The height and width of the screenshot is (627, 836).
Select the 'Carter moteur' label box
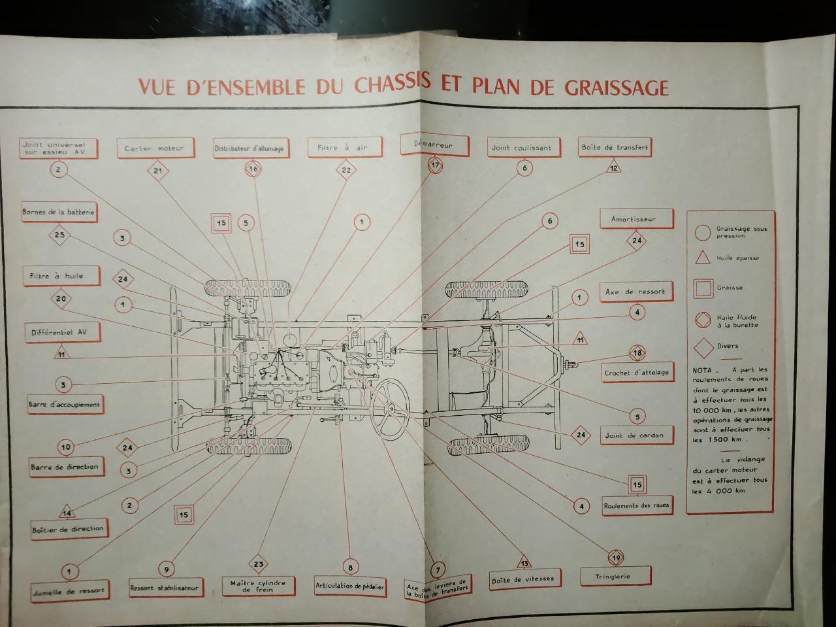click(155, 148)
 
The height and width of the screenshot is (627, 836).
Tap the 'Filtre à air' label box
click(343, 148)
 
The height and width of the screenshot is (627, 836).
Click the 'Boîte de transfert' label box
click(615, 147)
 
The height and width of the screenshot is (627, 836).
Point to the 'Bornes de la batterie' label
click(59, 212)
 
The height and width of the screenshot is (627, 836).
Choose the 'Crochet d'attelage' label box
click(636, 372)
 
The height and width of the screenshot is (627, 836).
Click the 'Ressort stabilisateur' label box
click(164, 587)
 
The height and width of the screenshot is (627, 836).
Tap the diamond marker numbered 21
click(157, 171)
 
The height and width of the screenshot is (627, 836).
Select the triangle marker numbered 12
click(614, 168)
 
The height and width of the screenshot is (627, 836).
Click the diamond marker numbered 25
click(60, 235)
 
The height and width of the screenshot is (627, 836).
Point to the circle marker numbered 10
click(65, 447)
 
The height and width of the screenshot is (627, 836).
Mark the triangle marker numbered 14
click(67, 512)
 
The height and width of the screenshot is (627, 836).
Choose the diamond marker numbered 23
click(259, 564)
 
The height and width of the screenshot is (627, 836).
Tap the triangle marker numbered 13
click(524, 563)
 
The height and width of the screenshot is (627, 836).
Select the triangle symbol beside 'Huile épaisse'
click(703, 258)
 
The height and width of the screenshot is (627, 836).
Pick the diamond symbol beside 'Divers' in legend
click(703, 346)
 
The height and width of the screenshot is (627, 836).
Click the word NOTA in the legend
click(702, 370)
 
